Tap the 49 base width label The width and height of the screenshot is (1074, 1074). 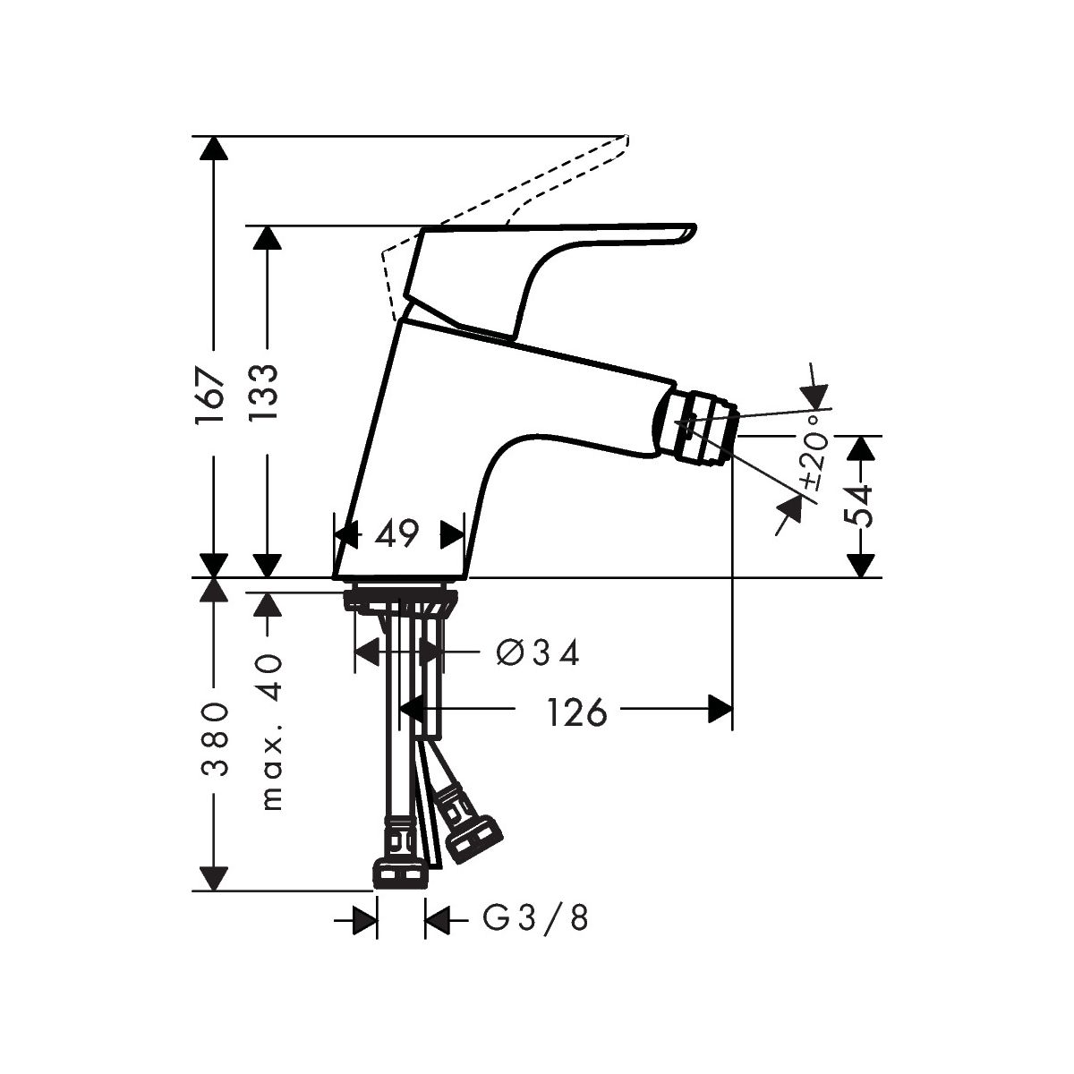coord(396,533)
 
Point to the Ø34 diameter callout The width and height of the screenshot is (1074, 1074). coord(537,652)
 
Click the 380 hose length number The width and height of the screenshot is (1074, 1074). coord(214,739)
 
